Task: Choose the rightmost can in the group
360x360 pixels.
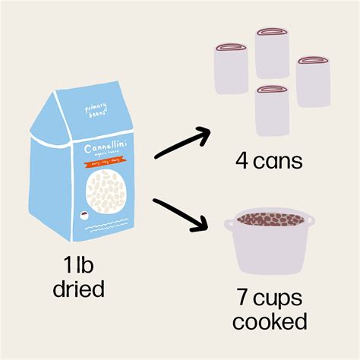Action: (314, 81)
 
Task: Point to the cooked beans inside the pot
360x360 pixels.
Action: (269, 221)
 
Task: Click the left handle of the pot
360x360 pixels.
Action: (229, 223)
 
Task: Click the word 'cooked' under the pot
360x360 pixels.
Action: (270, 322)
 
